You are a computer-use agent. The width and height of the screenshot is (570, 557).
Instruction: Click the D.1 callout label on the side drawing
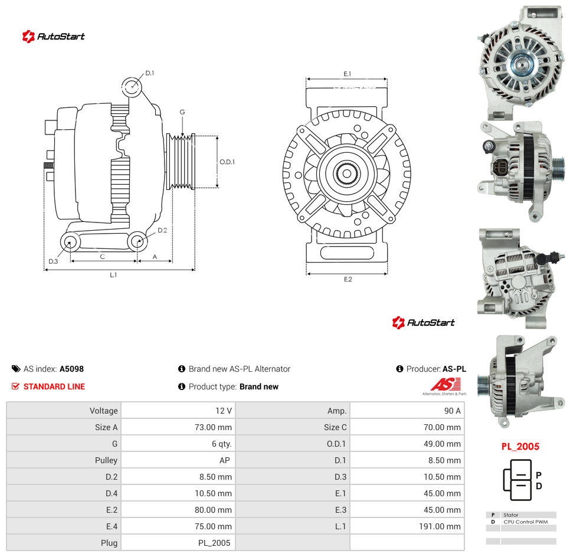150,73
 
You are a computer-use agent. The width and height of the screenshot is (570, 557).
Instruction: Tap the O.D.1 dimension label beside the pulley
227,162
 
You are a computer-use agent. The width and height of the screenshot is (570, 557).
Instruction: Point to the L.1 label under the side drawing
113,275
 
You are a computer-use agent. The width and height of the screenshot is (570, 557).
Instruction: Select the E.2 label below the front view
348,279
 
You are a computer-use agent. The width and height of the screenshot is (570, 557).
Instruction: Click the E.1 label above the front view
348,74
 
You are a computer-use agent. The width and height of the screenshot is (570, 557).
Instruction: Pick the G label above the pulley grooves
182,112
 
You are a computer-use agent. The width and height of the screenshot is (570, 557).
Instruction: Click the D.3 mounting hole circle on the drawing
70,242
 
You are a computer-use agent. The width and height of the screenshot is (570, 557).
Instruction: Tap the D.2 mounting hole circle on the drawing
137,241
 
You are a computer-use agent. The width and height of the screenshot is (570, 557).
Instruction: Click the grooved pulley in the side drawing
181,162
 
